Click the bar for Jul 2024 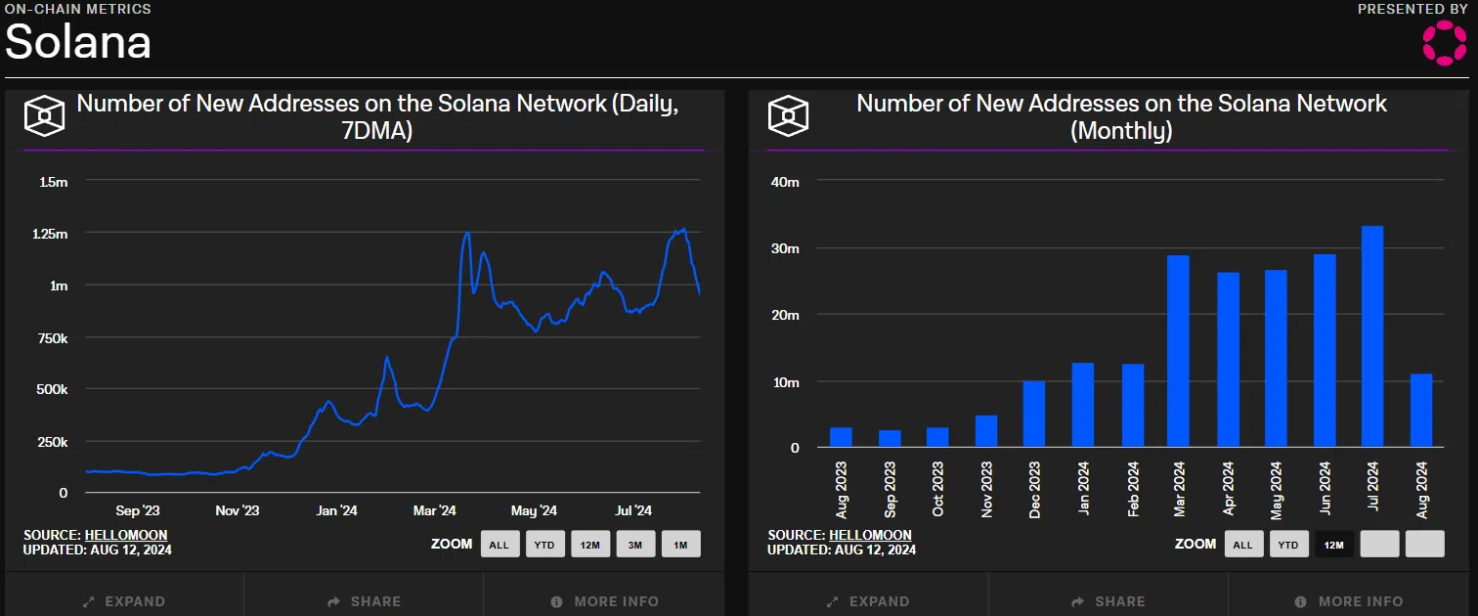[x=1371, y=336]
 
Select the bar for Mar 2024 [x=1178, y=351]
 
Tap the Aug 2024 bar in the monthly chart [x=1420, y=411]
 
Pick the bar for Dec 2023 [x=1033, y=414]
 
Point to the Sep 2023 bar [x=890, y=438]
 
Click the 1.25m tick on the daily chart [x=50, y=234]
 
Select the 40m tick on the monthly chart [x=784, y=182]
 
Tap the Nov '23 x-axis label [x=238, y=510]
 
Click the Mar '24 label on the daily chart [x=435, y=510]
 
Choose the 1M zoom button [x=680, y=545]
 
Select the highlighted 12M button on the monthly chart [x=1334, y=545]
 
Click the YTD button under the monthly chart [x=1289, y=545]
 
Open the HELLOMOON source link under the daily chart [x=126, y=535]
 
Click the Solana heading [x=78, y=42]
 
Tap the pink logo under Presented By [x=1443, y=44]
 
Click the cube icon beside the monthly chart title [x=788, y=116]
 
